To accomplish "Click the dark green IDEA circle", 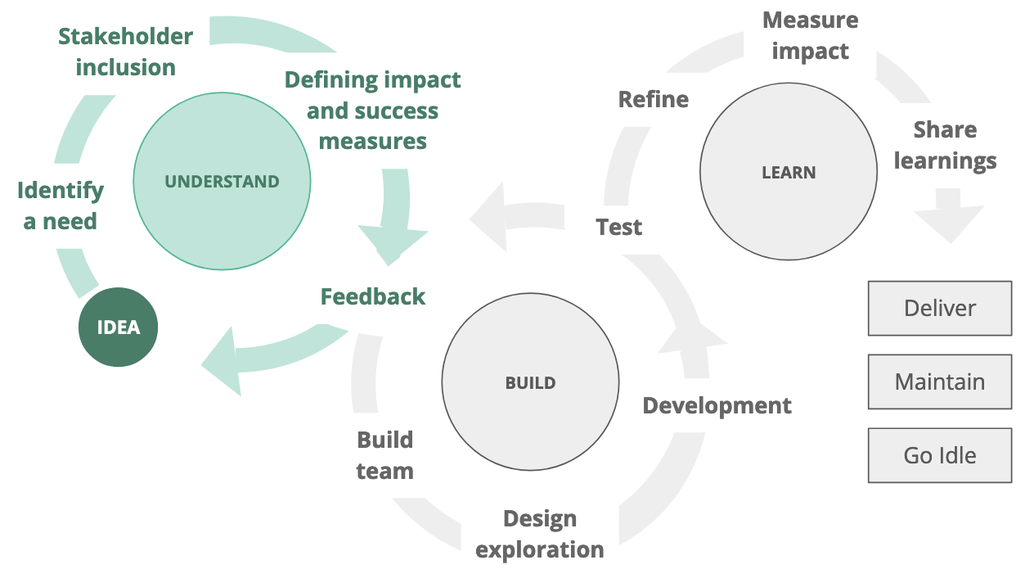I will pyautogui.click(x=118, y=327).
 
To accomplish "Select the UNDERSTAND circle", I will pyautogui.click(x=222, y=181).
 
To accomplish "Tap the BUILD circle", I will pyautogui.click(x=530, y=382).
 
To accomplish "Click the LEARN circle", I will pyautogui.click(x=788, y=172).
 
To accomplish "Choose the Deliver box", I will pyautogui.click(x=939, y=309).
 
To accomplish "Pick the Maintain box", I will pyautogui.click(x=939, y=382).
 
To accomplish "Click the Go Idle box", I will pyautogui.click(x=939, y=455).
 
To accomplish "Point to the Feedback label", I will pyautogui.click(x=372, y=296).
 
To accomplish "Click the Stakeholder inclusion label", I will pyautogui.click(x=125, y=52).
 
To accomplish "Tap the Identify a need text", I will pyautogui.click(x=60, y=205).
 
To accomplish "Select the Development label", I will pyautogui.click(x=717, y=405).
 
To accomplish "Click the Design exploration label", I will pyautogui.click(x=540, y=534).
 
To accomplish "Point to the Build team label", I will pyautogui.click(x=384, y=455).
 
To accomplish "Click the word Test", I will pyautogui.click(x=618, y=227).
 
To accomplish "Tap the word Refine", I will pyautogui.click(x=653, y=100).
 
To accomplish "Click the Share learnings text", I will pyautogui.click(x=945, y=145).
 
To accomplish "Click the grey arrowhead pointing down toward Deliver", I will pyautogui.click(x=949, y=221).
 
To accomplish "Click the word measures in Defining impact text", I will pyautogui.click(x=372, y=141).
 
